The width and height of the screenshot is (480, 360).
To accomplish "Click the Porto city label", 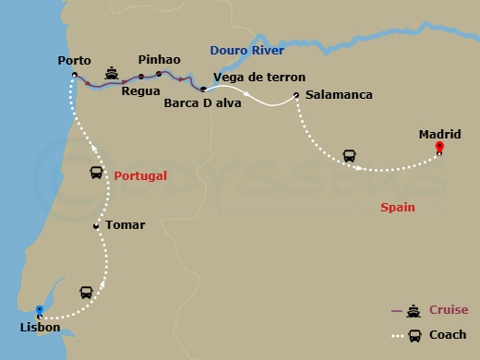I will point(74,61).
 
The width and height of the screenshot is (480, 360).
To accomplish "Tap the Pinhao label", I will point(158,60).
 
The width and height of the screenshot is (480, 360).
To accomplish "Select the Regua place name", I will point(140,91).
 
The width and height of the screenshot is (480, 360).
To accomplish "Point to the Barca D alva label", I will point(201,102).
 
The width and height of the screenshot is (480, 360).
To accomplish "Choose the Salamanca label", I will point(338,95).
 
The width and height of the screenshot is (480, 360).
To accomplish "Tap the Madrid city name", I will point(439,134).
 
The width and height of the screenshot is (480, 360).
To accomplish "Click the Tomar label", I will point(126,224).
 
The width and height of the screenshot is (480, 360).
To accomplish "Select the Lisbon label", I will point(39,328).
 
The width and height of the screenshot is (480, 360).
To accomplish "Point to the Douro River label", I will point(246,50).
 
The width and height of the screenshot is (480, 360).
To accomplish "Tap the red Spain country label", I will point(397,208).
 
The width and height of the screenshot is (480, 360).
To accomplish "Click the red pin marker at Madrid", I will point(439,148).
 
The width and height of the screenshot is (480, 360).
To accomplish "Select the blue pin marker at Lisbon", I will point(39,311).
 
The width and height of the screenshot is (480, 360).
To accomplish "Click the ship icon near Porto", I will point(111,73).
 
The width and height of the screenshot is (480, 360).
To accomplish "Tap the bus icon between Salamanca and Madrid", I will point(350,155).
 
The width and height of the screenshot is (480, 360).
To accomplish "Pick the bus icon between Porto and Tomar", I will point(97,173).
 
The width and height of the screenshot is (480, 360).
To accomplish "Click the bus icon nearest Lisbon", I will point(86,293).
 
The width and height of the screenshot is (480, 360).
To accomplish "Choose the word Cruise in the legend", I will point(448,310).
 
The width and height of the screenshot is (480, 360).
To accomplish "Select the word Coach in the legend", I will point(448,335).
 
